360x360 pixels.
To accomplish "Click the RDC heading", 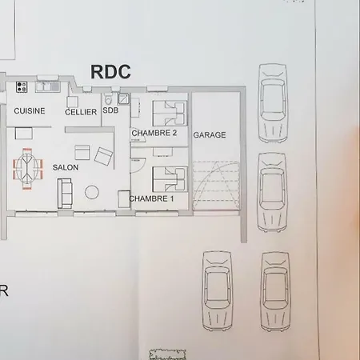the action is pyautogui.click(x=110, y=72).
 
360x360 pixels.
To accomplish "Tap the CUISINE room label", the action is pyautogui.click(x=30, y=110).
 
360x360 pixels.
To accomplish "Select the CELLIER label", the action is pyautogui.click(x=81, y=112).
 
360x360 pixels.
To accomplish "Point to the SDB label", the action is pyautogui.click(x=110, y=110).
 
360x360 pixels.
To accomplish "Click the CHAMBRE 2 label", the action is pyautogui.click(x=154, y=133).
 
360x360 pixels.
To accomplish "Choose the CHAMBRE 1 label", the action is pyautogui.click(x=151, y=198).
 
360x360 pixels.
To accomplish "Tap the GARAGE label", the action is pyautogui.click(x=210, y=135).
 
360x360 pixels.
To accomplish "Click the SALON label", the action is pyautogui.click(x=66, y=167).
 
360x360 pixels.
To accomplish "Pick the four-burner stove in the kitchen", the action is pyautogui.click(x=22, y=87).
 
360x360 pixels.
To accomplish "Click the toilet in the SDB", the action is pyautogui.click(x=108, y=99).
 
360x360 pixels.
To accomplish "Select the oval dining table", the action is pyautogui.click(x=27, y=169).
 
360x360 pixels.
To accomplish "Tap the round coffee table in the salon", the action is pyautogui.click(x=92, y=192).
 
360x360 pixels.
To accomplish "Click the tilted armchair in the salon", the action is pyautogui.click(x=103, y=156).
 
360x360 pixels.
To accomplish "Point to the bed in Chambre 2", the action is pyautogui.click(x=170, y=113).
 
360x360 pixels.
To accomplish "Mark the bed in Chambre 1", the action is pyautogui.click(x=170, y=179).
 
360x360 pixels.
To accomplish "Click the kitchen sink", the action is pyautogui.click(x=48, y=87).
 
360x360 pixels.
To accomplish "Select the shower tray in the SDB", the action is pyautogui.click(x=123, y=99).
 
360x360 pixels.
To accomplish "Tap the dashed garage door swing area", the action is pyautogui.click(x=216, y=186).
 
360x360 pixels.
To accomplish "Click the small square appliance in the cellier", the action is pyautogui.click(x=72, y=102).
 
